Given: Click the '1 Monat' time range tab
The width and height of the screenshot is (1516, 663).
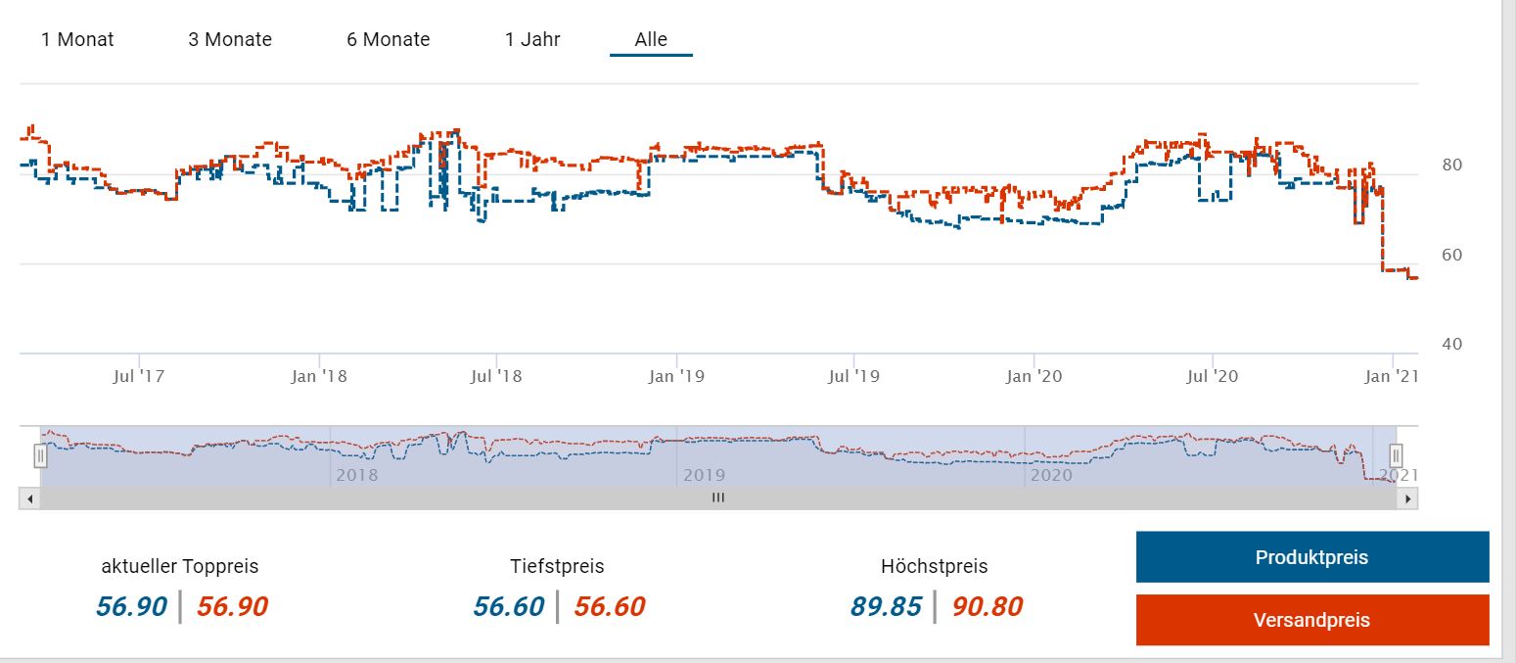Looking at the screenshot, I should tap(77, 39).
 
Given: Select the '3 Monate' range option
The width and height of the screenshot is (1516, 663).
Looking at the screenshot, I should tap(230, 39).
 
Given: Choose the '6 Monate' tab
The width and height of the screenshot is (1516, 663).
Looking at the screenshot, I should tap(388, 39).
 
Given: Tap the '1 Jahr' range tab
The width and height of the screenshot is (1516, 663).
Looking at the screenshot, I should tap(532, 39).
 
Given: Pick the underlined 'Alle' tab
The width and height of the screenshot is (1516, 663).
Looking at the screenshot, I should tap(651, 39).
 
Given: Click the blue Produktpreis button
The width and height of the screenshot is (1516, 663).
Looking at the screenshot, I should tap(1311, 557).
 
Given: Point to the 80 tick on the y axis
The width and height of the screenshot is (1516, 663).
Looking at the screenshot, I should tap(1451, 165).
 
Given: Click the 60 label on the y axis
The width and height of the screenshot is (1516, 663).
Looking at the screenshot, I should tap(1451, 255).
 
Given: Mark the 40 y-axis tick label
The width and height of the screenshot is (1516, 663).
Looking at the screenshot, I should tap(1451, 344).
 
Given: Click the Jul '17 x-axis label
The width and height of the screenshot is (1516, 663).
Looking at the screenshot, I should tap(139, 376).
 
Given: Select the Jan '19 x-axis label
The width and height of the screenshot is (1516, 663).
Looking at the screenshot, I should tap(676, 376).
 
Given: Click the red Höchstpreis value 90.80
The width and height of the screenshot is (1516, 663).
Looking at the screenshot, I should tap(988, 607).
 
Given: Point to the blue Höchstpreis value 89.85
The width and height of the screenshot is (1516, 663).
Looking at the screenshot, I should tap(886, 607).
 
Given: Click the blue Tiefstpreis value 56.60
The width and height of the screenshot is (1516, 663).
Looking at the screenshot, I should tap(508, 607).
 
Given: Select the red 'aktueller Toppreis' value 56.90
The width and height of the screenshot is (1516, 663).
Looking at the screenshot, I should tap(232, 607).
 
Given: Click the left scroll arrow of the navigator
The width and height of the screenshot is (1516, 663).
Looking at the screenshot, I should tap(29, 498).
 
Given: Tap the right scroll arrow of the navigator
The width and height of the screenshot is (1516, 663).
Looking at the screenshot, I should tap(1407, 498).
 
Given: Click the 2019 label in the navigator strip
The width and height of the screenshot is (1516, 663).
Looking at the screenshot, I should tap(704, 475).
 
